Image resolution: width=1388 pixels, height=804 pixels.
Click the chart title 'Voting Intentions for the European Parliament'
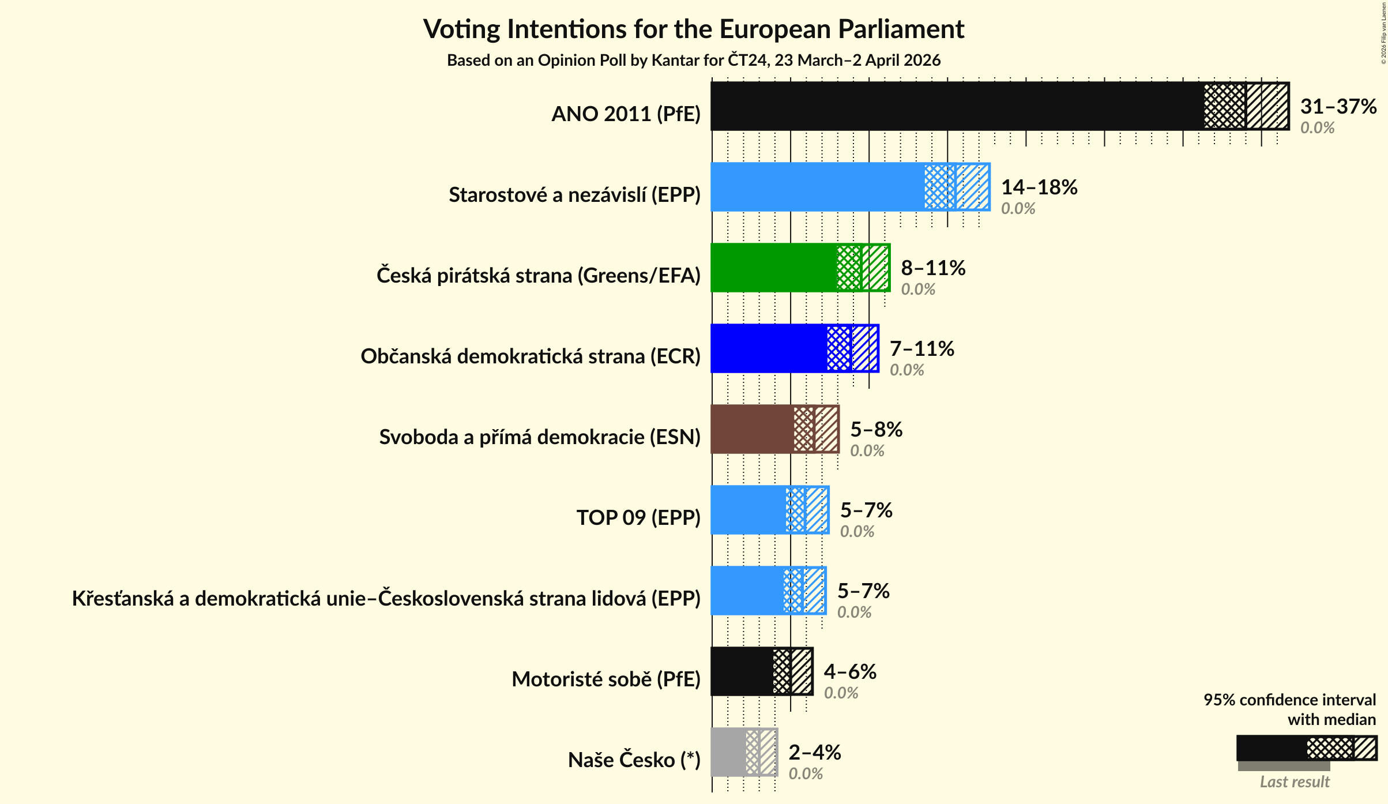(694, 29)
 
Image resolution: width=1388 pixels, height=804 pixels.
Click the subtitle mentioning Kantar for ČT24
(694, 61)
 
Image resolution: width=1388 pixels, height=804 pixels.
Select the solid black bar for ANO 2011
(957, 106)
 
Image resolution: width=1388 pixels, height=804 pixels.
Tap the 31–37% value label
(1338, 107)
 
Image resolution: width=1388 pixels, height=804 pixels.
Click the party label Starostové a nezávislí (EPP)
(574, 195)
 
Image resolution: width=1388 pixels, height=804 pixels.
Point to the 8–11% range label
(933, 268)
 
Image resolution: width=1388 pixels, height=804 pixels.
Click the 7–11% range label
(921, 349)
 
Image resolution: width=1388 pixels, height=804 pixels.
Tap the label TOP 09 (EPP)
(638, 518)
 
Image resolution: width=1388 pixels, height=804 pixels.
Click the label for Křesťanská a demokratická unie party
(386, 599)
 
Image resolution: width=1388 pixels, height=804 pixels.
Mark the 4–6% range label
(850, 672)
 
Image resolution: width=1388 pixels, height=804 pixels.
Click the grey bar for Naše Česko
(728, 752)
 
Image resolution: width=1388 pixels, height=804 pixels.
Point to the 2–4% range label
(814, 753)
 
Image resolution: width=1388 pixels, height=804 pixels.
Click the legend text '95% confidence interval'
(1289, 700)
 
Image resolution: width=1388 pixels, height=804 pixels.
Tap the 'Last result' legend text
(1294, 782)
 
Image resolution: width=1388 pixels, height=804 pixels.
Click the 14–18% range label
(1039, 187)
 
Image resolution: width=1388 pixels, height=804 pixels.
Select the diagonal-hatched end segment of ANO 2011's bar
(1267, 106)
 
